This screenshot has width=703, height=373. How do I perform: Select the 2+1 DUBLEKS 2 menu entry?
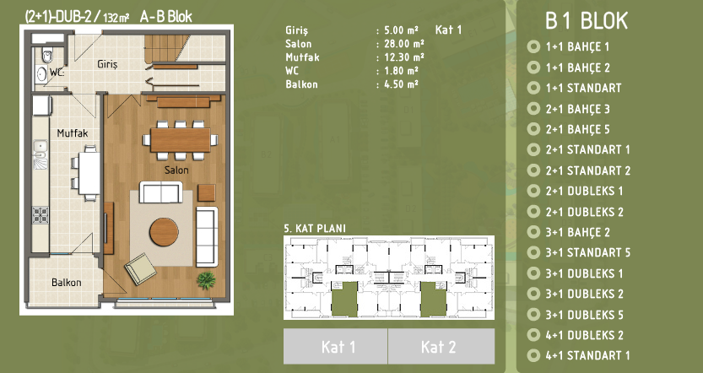(584, 212)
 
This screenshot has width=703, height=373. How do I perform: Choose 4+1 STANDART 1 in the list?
(587, 355)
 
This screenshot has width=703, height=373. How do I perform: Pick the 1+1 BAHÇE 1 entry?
(577, 46)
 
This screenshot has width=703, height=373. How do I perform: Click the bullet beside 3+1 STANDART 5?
(533, 252)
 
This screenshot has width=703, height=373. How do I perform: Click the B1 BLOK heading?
(587, 20)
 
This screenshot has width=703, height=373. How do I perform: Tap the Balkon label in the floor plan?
(67, 283)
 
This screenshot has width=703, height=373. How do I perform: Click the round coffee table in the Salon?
(164, 232)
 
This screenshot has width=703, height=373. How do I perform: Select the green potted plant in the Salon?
(206, 280)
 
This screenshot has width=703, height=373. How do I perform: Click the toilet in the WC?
(47, 55)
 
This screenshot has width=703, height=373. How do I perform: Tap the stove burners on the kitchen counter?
(41, 215)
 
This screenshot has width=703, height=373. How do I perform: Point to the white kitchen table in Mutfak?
(89, 174)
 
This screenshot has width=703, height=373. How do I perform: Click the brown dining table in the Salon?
(181, 140)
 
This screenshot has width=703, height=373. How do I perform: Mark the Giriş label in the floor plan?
(107, 64)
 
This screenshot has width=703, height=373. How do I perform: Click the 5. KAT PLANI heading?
(315, 228)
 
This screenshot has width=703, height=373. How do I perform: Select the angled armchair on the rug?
(141, 269)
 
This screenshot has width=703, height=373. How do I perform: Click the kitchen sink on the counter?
(41, 148)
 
